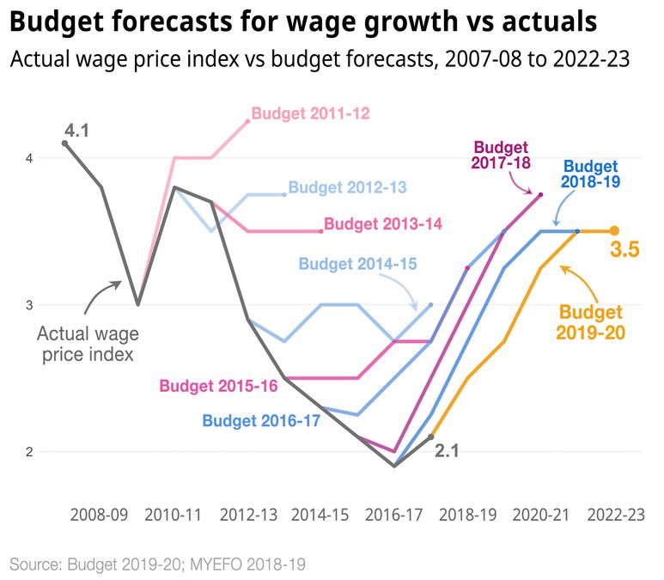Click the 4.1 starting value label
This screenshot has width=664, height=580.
(x=76, y=131)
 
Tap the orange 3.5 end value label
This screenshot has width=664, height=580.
(x=624, y=251)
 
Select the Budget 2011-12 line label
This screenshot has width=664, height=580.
(x=310, y=113)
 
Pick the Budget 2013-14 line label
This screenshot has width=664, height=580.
(x=382, y=224)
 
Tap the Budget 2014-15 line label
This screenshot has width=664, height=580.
(x=357, y=264)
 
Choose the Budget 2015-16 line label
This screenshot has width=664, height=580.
(x=218, y=386)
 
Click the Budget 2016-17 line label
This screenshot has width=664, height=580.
(x=261, y=421)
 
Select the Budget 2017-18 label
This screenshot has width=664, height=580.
(x=503, y=155)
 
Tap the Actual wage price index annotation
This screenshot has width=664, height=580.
(x=88, y=342)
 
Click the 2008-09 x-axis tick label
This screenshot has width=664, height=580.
(x=99, y=516)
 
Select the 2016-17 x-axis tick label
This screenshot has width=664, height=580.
(x=394, y=516)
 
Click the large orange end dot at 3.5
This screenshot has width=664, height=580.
(x=614, y=231)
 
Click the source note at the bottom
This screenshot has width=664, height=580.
(x=158, y=565)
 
